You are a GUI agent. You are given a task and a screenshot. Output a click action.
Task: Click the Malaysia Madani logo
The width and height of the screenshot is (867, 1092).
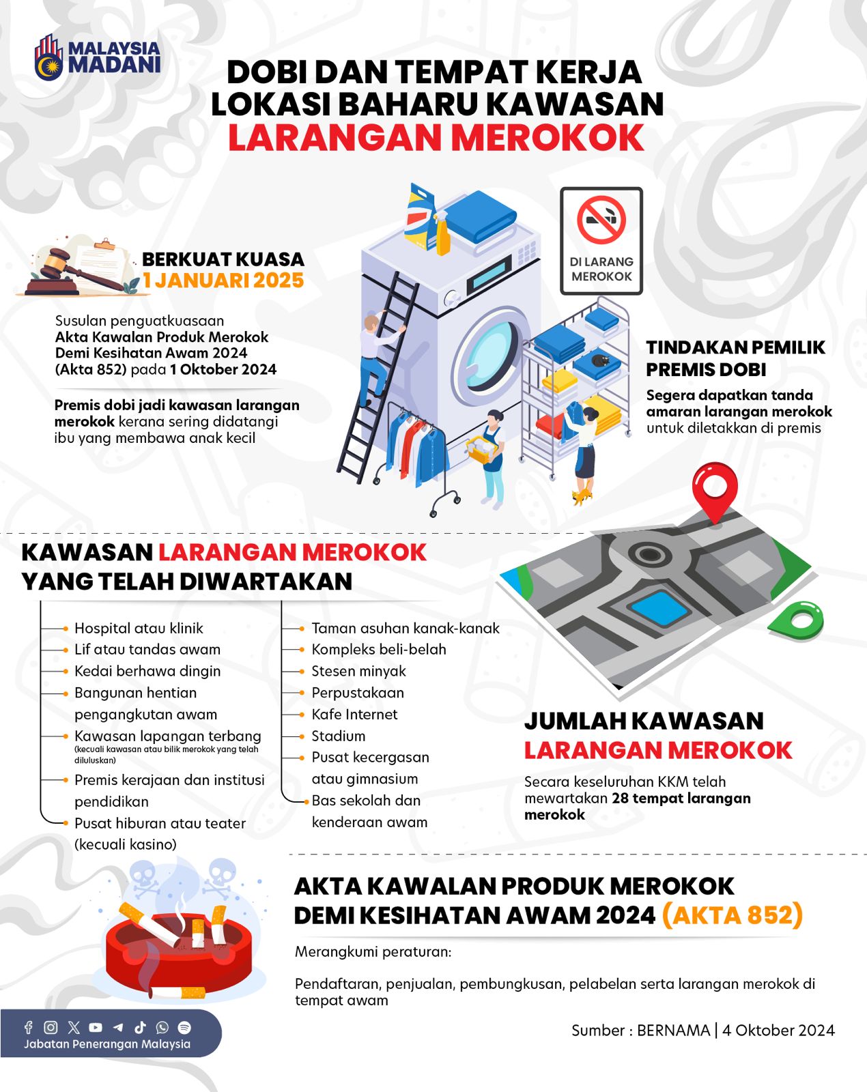97,57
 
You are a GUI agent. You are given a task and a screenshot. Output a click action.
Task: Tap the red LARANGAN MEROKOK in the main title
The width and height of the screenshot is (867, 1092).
436,137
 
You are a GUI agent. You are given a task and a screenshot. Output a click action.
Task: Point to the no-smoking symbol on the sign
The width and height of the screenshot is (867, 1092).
601,220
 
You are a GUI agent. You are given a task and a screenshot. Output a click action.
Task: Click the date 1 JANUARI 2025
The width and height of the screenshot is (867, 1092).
223,281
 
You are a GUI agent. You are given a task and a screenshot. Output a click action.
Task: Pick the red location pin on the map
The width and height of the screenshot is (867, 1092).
715,489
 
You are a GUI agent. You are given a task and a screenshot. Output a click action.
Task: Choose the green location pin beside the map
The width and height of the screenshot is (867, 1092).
797,620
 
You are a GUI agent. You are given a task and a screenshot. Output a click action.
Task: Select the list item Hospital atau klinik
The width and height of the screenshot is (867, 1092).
139,628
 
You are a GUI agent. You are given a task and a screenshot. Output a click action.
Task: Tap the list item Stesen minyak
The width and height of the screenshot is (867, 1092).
358,671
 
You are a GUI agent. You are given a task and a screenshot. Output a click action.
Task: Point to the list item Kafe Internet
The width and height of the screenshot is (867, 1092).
354,714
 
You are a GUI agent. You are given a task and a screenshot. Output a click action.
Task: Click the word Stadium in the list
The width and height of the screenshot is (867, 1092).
339,736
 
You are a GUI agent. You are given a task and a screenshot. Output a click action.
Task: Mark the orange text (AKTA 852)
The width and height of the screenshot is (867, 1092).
732,915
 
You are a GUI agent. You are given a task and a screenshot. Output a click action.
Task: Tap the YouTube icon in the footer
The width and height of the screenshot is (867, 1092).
96,1027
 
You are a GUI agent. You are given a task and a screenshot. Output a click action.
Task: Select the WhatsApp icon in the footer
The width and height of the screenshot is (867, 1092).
162,1027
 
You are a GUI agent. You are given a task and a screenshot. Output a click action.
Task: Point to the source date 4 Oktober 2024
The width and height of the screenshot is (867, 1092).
778,1030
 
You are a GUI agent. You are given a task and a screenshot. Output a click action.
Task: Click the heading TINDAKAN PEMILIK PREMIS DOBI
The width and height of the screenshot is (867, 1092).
735,358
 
